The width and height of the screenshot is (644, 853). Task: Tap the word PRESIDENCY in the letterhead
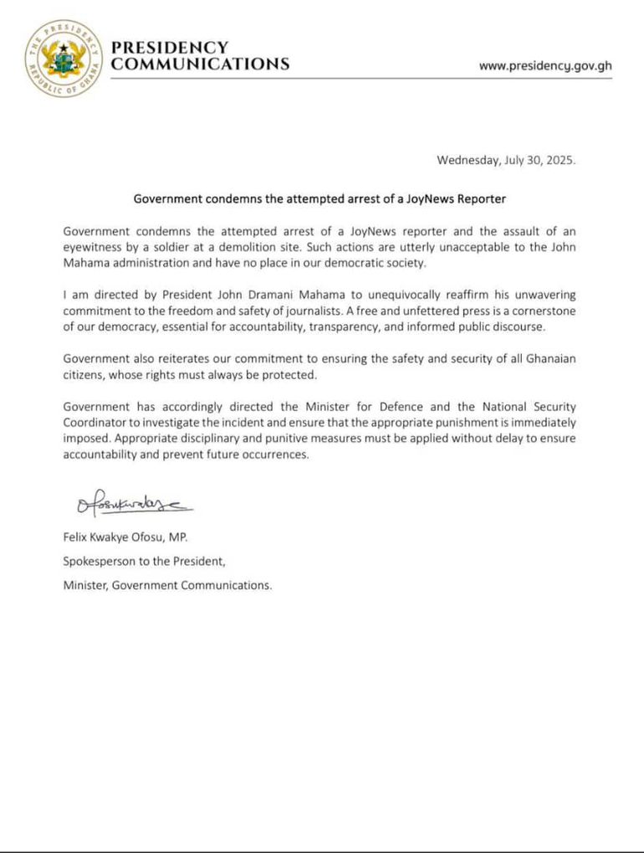[169, 49]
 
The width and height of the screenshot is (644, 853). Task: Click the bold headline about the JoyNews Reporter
[320, 200]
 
